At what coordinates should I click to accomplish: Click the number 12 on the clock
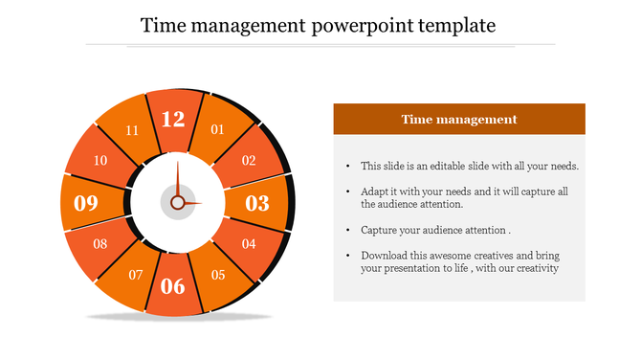(x=173, y=119)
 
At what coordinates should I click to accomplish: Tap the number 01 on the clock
(x=217, y=129)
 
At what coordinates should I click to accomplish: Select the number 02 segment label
(x=249, y=161)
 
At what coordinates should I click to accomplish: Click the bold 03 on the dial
(x=257, y=203)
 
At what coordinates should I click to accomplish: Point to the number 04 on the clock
(x=249, y=244)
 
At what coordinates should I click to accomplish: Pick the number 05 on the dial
(x=218, y=276)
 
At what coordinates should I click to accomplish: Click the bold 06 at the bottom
(x=173, y=285)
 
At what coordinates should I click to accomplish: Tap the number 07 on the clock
(x=136, y=276)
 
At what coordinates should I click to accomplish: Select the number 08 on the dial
(x=99, y=244)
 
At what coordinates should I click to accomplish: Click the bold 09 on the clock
(x=86, y=203)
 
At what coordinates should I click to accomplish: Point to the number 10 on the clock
(x=99, y=161)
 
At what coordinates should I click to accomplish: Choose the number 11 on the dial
(x=132, y=130)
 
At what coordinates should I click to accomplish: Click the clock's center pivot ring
(x=177, y=203)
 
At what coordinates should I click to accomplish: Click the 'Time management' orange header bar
(x=459, y=120)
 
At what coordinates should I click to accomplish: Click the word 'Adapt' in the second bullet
(x=376, y=191)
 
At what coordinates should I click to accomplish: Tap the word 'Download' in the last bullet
(x=386, y=256)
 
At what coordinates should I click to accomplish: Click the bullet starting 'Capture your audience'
(x=435, y=231)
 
